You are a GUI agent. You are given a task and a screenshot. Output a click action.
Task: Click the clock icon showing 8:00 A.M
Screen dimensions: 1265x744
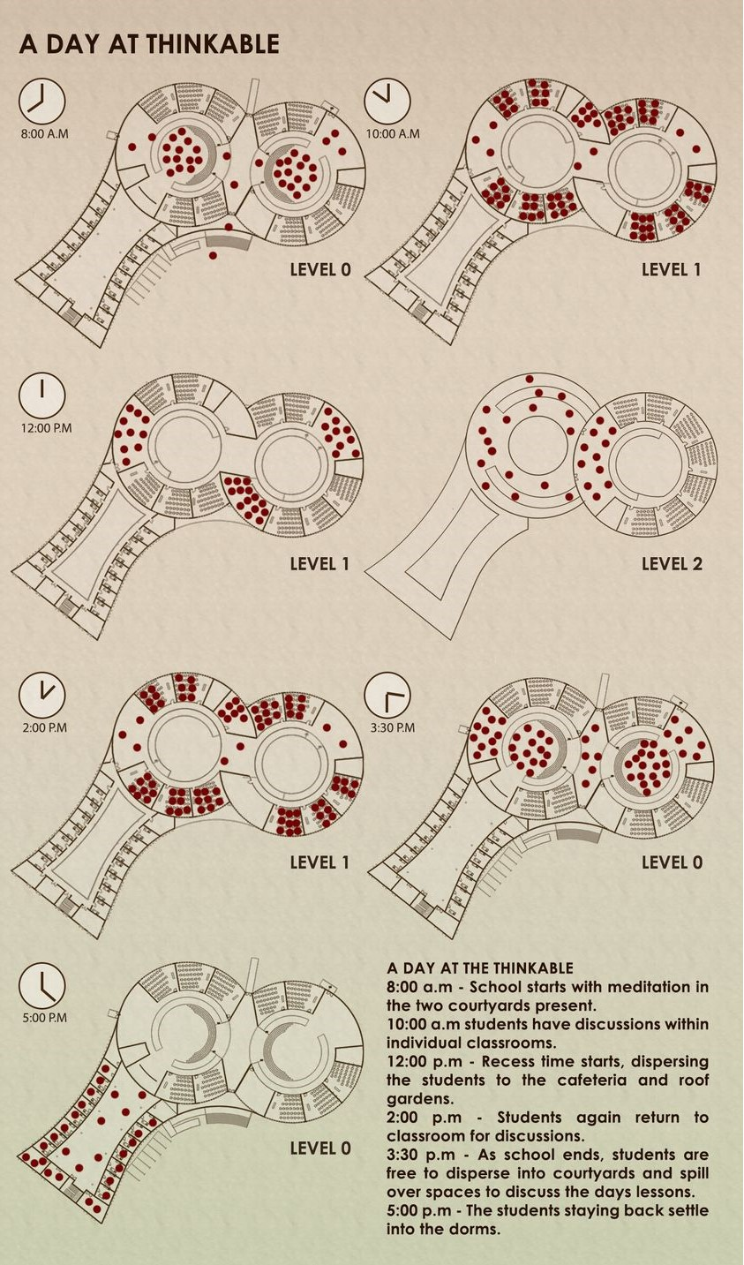click(x=42, y=101)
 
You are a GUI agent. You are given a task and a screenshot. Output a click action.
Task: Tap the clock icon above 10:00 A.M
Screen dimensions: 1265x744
click(x=387, y=101)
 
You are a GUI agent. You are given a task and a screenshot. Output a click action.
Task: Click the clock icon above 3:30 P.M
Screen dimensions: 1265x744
click(x=387, y=696)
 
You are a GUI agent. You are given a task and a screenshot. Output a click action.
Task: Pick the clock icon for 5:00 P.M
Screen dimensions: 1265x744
click(x=42, y=985)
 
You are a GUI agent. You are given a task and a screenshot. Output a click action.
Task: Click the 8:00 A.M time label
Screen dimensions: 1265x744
click(x=44, y=134)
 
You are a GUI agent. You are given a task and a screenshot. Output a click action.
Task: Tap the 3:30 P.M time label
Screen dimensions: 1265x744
click(x=392, y=728)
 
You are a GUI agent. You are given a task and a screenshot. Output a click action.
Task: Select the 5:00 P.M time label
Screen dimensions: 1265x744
click(x=44, y=1018)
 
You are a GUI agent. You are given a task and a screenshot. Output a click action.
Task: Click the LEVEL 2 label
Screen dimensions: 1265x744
click(x=672, y=564)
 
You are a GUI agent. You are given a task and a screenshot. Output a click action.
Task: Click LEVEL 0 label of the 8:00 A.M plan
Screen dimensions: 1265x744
click(x=320, y=270)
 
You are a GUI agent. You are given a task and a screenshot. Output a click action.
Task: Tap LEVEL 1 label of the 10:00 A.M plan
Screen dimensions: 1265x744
click(x=671, y=270)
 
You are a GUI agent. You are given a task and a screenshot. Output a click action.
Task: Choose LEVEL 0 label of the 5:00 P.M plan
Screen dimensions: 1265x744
click(x=320, y=1148)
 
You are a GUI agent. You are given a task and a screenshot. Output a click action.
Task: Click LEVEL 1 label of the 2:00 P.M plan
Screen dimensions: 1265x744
click(x=320, y=862)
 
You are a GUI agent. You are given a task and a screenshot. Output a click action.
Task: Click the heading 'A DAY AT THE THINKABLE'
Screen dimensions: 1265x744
click(x=480, y=968)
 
